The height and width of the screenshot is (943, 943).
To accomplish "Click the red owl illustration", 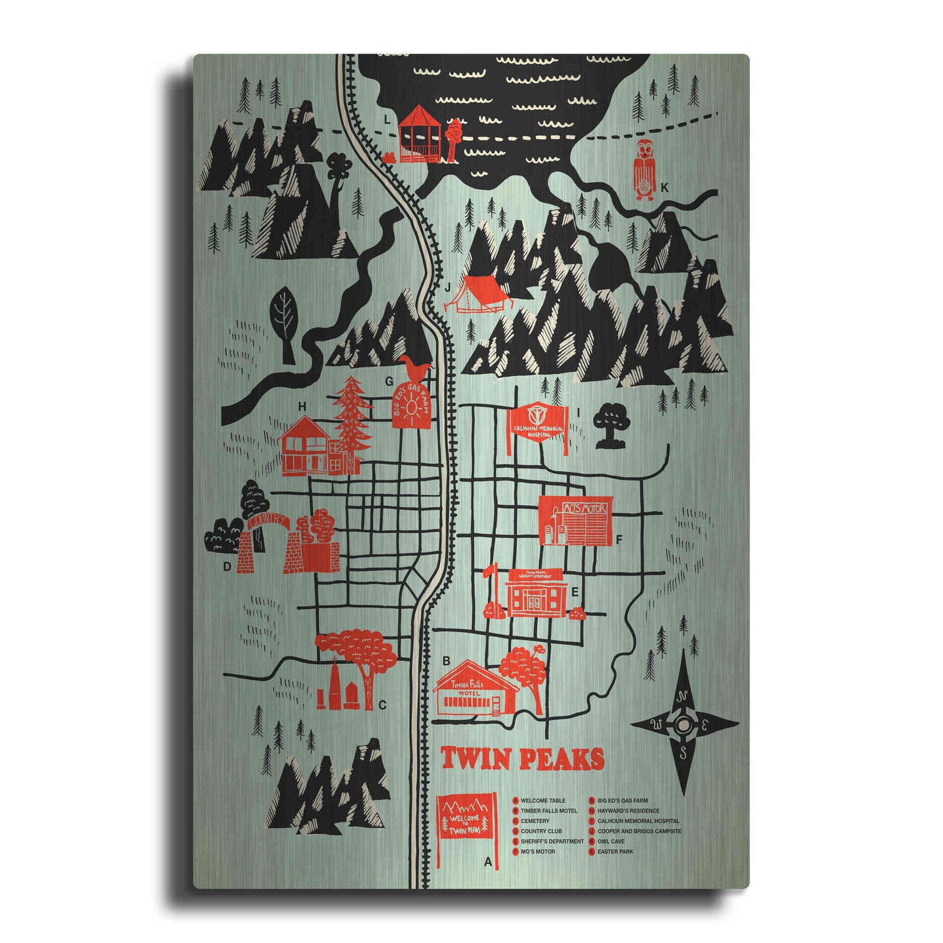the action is tap(644, 169).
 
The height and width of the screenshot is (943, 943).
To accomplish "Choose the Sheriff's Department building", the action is tap(536, 592).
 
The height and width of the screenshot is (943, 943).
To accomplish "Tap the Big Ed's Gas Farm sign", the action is tap(412, 403).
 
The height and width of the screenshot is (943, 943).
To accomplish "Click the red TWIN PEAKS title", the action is tap(522, 759).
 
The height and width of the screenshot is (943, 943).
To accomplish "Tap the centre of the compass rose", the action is tap(683, 724).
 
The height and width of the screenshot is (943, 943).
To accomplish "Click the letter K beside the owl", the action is tap(664, 188).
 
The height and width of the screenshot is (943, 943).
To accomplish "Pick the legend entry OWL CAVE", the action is tap(611, 842).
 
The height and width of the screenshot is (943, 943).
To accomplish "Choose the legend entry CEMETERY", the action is tap(535, 821).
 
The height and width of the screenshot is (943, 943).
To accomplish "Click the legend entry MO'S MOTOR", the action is tap(538, 852).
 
